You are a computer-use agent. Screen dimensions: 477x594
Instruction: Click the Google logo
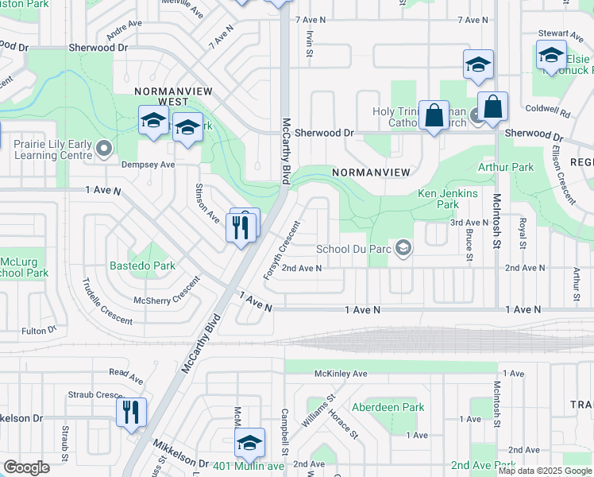tap(26, 467)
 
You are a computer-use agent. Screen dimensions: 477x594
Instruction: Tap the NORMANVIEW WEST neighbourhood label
tap(161, 96)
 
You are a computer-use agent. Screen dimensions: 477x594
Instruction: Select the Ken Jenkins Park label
tap(448, 199)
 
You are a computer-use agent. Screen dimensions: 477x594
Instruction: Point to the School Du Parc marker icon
tap(403, 249)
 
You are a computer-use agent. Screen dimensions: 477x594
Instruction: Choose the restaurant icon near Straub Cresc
tap(131, 412)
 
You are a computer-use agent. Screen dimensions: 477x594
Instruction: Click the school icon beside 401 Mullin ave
tap(249, 442)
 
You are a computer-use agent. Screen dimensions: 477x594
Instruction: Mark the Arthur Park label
tap(505, 168)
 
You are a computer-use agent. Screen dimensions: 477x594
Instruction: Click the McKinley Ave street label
tap(341, 373)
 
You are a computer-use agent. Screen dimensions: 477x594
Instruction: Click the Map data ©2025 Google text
tap(544, 471)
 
